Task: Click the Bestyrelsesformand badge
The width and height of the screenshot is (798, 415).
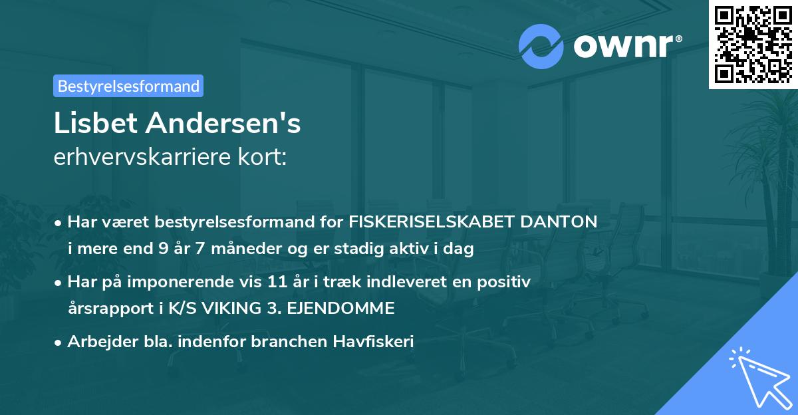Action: [x=128, y=86]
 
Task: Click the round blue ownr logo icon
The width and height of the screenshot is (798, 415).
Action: [x=541, y=46]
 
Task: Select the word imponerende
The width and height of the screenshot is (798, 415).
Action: [x=184, y=282]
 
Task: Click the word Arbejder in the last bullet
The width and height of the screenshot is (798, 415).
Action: [x=96, y=342]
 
